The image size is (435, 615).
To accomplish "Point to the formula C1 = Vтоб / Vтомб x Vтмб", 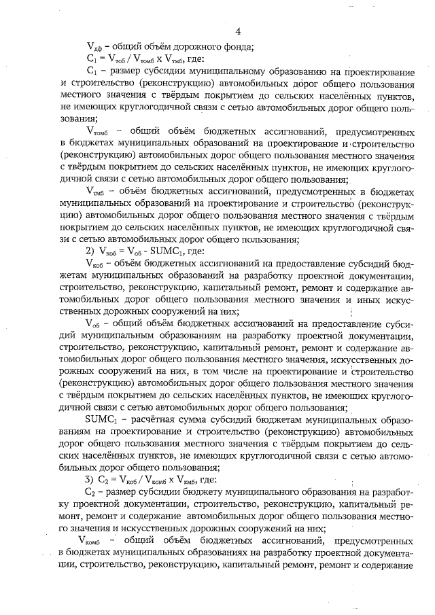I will pyautogui.click(x=141, y=59).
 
